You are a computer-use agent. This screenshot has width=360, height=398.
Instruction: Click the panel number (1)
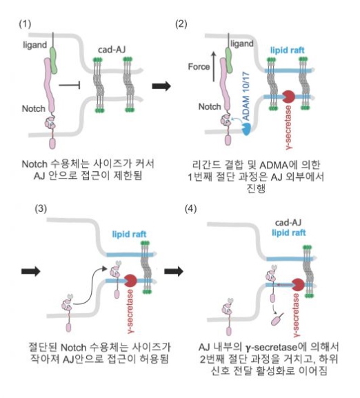point(25,24)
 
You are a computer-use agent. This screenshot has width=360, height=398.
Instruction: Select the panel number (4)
point(191,208)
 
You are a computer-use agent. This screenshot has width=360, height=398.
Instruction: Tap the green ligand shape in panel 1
point(53,60)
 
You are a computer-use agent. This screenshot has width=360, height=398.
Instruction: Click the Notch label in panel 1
point(34,108)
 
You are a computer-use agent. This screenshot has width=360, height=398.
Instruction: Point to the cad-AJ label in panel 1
point(112,50)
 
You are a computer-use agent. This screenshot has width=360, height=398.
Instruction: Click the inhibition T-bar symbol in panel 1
point(70,86)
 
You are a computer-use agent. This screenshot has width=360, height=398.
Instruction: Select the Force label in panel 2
point(199,67)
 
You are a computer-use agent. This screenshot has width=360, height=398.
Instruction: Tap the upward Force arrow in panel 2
point(214,66)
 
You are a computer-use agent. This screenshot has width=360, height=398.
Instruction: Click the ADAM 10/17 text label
point(246,97)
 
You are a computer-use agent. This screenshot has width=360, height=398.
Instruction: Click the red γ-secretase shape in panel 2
point(288,97)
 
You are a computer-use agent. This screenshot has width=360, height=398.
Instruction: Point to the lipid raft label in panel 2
point(287,50)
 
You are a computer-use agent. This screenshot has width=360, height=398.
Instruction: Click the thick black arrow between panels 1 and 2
point(161,86)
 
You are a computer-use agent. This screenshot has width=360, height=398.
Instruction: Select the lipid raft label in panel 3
point(129,235)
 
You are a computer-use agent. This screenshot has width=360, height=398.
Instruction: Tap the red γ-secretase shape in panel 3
point(130,281)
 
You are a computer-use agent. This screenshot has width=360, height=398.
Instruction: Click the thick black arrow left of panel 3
point(31,271)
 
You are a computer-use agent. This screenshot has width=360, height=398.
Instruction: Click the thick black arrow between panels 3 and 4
point(174,271)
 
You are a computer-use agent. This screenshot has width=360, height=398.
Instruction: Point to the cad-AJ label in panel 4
point(288,223)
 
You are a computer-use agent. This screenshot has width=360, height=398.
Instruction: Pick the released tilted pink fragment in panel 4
point(277,319)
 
